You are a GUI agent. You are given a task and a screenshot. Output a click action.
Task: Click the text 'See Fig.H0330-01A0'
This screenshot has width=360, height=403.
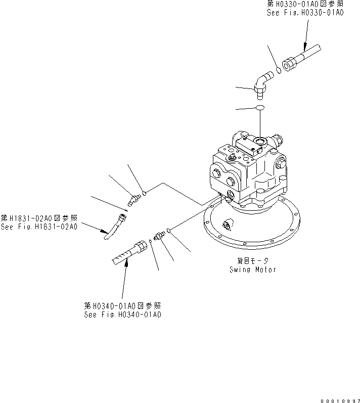click(305, 13)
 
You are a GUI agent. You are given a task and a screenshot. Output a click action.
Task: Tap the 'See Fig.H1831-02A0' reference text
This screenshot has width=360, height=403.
click(39, 227)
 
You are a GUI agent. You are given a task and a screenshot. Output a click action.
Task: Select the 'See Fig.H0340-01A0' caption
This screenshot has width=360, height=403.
click(123, 315)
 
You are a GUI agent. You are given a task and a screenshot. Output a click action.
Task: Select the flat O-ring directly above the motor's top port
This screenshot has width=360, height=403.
click(259, 108)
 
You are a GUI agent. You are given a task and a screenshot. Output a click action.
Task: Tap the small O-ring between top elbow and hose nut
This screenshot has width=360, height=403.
click(279, 70)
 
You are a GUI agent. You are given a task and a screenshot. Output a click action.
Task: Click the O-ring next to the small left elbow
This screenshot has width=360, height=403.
click(144, 192)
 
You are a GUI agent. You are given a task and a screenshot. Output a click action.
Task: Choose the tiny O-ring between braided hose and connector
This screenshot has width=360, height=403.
click(151, 242)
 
